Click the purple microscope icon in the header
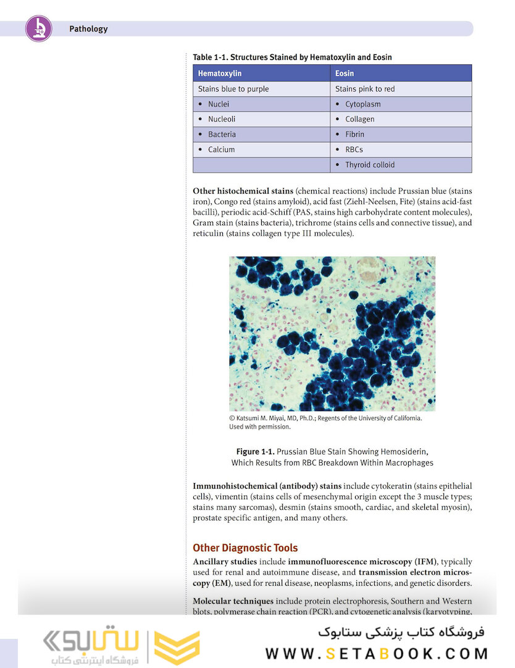38,28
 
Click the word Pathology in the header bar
88,29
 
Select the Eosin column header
344,74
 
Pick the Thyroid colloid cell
369,165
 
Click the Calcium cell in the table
221,150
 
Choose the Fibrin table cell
354,134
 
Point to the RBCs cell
354,150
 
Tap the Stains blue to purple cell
233,89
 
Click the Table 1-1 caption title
292,58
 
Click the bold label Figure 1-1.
255,452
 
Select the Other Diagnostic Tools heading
245,548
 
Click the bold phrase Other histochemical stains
243,191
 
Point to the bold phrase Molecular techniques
233,601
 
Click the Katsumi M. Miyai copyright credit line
325,418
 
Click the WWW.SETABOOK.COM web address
377,654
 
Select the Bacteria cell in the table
222,134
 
